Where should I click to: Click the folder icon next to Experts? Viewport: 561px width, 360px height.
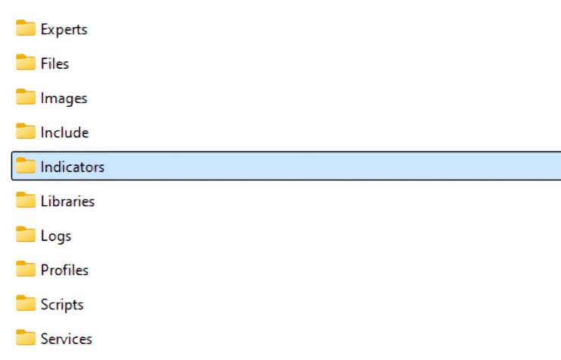pos(26,28)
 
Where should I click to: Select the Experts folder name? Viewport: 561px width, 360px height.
pos(64,30)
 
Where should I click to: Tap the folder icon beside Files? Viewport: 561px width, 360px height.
pos(26,62)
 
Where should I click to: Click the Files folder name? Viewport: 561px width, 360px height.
pos(55,64)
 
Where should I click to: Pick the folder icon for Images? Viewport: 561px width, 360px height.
pos(26,96)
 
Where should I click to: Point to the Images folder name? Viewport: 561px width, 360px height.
pos(64,99)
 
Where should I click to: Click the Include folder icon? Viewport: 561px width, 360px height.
pos(26,131)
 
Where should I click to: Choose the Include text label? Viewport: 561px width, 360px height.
pos(64,133)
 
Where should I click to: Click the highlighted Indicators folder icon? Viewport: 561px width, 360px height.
pos(26,165)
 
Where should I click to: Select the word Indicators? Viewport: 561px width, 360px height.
pos(72,167)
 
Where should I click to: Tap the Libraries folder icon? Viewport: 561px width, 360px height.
pos(26,199)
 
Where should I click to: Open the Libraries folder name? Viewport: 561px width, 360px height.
pos(67,201)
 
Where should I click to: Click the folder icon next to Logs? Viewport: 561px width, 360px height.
pos(26,234)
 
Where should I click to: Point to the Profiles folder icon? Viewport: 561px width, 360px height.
pos(26,268)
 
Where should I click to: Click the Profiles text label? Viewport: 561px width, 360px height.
pos(64,270)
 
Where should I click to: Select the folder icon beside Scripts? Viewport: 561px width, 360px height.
pos(26,302)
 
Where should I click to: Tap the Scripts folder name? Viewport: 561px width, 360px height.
pos(62,305)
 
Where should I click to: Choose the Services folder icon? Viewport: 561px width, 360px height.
pos(26,337)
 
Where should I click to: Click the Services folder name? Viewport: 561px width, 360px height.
pos(66,339)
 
